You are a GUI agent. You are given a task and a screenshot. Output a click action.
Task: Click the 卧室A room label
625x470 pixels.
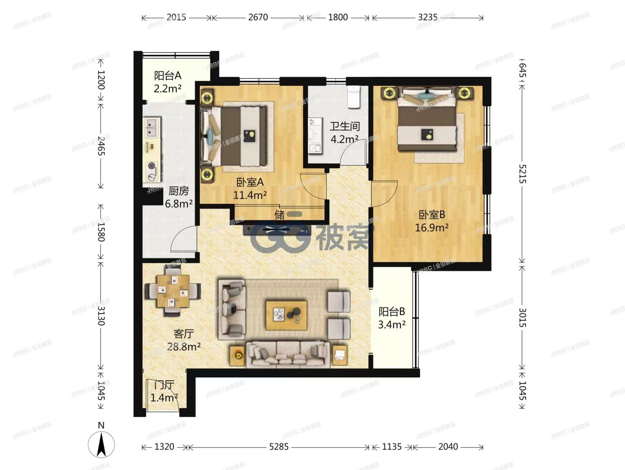[x=250, y=182]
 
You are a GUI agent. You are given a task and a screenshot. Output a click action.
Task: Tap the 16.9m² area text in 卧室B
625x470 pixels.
[x=431, y=228]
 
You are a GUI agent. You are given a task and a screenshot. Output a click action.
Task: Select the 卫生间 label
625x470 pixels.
[x=345, y=126]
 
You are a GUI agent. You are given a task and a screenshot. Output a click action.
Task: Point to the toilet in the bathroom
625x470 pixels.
[x=355, y=97]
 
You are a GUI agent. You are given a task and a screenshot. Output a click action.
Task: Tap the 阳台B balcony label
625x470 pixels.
[x=391, y=311]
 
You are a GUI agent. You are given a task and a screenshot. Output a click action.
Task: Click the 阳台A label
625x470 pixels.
[x=168, y=76]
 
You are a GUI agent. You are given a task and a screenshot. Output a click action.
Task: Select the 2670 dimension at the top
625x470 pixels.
[x=258, y=17]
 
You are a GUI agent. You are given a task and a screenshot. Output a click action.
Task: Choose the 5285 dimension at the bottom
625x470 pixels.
[x=279, y=447]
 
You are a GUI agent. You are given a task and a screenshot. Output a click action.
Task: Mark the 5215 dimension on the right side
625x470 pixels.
[x=522, y=174]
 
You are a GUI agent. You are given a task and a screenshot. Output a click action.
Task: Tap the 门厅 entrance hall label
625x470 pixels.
[x=164, y=385]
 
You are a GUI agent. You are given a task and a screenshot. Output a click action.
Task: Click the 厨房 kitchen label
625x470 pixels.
[x=178, y=191]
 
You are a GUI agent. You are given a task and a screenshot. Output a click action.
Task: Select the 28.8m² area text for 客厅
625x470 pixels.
[x=184, y=346]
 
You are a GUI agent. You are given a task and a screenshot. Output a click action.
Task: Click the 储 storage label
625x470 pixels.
[x=280, y=215]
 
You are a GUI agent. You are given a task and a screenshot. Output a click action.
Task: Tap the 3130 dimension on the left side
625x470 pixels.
[x=101, y=316]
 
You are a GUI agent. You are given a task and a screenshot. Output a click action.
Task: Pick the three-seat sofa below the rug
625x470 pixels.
[x=287, y=354]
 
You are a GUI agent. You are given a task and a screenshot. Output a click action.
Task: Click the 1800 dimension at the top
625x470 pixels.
[x=338, y=17]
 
